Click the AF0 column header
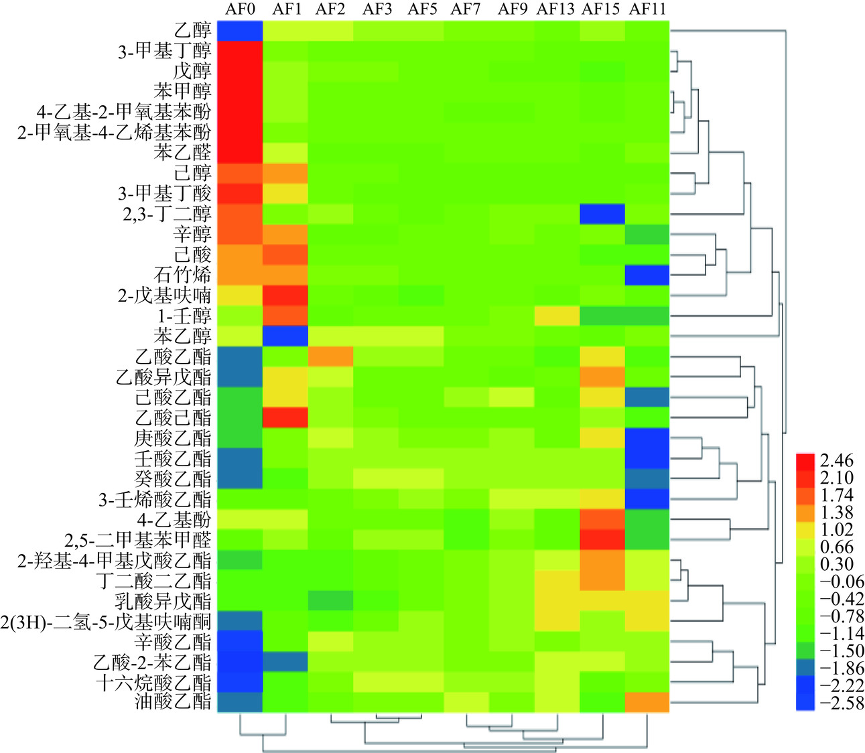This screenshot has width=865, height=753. coord(239,9)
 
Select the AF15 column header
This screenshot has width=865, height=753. coord(601,9)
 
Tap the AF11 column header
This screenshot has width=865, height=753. coord(647,9)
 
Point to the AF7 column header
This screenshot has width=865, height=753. coord(466,9)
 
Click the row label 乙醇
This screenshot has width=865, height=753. coord(192,31)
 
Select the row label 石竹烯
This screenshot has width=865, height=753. coord(182,275)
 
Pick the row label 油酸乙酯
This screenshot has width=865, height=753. coord(173,702)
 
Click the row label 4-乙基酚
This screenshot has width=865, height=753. coord(174,519)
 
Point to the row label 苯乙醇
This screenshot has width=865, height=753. coord(182,336)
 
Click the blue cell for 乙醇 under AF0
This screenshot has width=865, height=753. coord(239,31)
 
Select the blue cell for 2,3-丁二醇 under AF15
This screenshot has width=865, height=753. coord(602,214)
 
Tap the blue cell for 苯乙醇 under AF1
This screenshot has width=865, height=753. coord(285,336)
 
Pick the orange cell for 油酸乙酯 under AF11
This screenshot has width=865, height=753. coord(647,702)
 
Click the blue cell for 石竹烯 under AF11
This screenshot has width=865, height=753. coord(647,275)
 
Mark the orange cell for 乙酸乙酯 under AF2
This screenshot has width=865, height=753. coord(330,356)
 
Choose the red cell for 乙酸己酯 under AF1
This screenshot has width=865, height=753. coord(285,417)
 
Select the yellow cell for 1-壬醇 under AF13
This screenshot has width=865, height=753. coord(556,316)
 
